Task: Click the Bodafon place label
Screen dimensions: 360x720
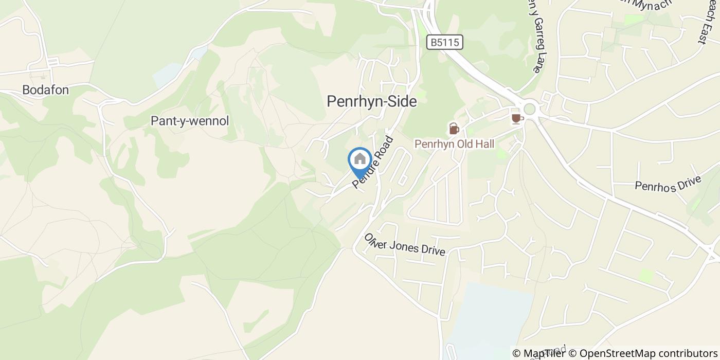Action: (45, 90)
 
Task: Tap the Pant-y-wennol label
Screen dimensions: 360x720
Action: (189, 121)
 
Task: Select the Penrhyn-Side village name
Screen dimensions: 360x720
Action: (371, 102)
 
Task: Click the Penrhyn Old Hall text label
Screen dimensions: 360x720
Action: (454, 144)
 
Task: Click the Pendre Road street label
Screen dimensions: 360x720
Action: (373, 162)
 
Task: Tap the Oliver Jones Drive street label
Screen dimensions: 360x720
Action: (404, 245)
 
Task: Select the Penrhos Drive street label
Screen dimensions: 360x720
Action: (668, 184)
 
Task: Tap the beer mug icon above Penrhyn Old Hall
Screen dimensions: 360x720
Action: (454, 129)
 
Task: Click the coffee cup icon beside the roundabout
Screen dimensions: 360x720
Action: (517, 118)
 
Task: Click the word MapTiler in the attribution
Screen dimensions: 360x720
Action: (545, 353)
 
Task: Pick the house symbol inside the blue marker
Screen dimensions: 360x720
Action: (360, 158)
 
